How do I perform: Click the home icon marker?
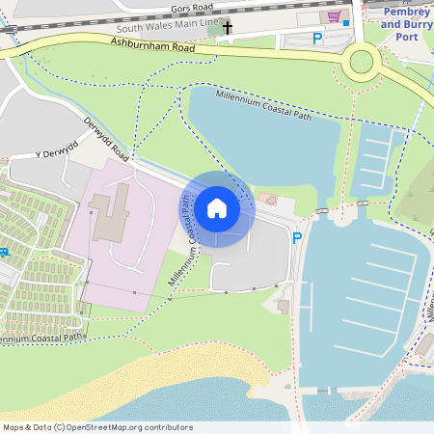(x=217, y=208)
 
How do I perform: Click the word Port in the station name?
(x=407, y=37)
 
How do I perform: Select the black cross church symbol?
(x=229, y=28)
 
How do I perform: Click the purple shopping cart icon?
(x=334, y=16)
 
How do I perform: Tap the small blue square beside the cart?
(x=345, y=21)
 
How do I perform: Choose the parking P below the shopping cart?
(x=317, y=39)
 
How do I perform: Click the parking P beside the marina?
(x=297, y=238)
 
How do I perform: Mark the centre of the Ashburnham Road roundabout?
(x=361, y=62)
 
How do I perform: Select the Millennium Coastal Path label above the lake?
(x=263, y=106)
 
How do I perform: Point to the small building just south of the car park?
(x=283, y=306)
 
